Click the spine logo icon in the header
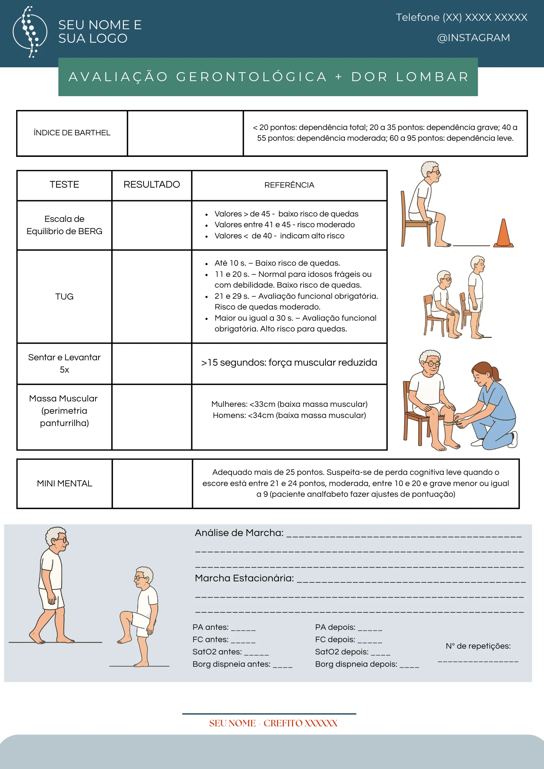(x=30, y=32)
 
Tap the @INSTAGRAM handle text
(x=473, y=38)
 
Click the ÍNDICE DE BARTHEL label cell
(x=72, y=133)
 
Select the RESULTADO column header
(x=152, y=185)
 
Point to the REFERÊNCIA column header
(x=289, y=185)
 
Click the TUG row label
(x=64, y=296)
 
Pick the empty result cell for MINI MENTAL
(x=152, y=483)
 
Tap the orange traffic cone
(x=504, y=233)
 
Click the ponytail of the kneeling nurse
(x=495, y=373)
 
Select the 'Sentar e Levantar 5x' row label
(x=64, y=363)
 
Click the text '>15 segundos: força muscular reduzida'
(x=289, y=363)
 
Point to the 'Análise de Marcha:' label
(x=239, y=533)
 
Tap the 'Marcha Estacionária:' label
(x=244, y=578)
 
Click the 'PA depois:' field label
(x=335, y=627)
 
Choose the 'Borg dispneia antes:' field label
(x=231, y=664)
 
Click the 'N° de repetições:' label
(x=478, y=646)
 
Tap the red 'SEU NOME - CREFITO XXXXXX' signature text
(x=273, y=723)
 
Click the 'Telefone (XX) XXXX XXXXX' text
(x=461, y=17)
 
